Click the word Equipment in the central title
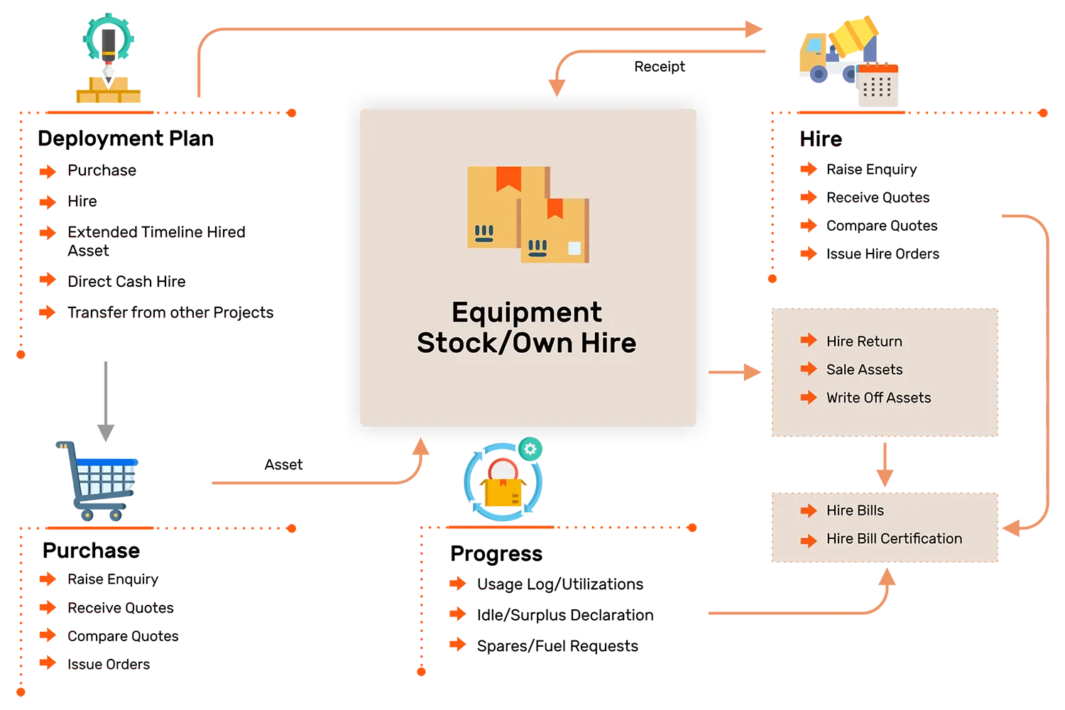point(526,312)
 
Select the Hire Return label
point(864,342)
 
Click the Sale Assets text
point(864,369)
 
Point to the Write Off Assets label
point(878,398)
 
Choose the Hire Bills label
point(855,510)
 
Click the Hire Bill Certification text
point(894,539)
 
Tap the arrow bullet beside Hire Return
point(808,341)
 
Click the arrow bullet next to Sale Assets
point(808,368)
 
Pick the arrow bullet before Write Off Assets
point(808,398)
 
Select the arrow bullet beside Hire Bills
point(808,510)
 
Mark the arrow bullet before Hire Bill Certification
point(808,540)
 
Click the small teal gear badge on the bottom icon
point(530,449)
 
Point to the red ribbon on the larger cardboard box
point(508,177)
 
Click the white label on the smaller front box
point(574,248)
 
